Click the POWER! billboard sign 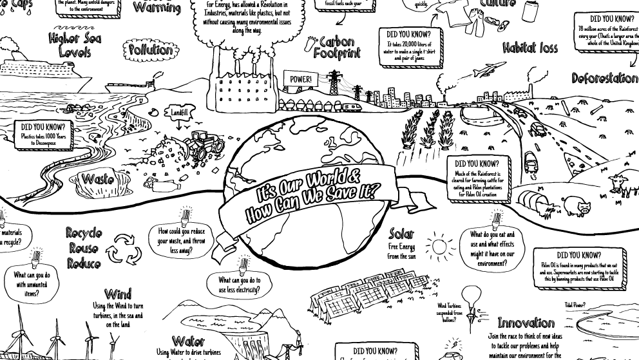point(300,80)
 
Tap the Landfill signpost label point(180,113)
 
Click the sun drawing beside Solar point(441,247)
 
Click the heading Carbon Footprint point(336,48)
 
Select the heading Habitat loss point(530,48)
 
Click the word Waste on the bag point(99,179)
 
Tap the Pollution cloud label point(151,50)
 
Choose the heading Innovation point(526,323)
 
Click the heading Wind point(117,296)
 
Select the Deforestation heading point(604,79)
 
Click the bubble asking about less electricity point(239,284)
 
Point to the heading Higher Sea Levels point(75,45)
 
